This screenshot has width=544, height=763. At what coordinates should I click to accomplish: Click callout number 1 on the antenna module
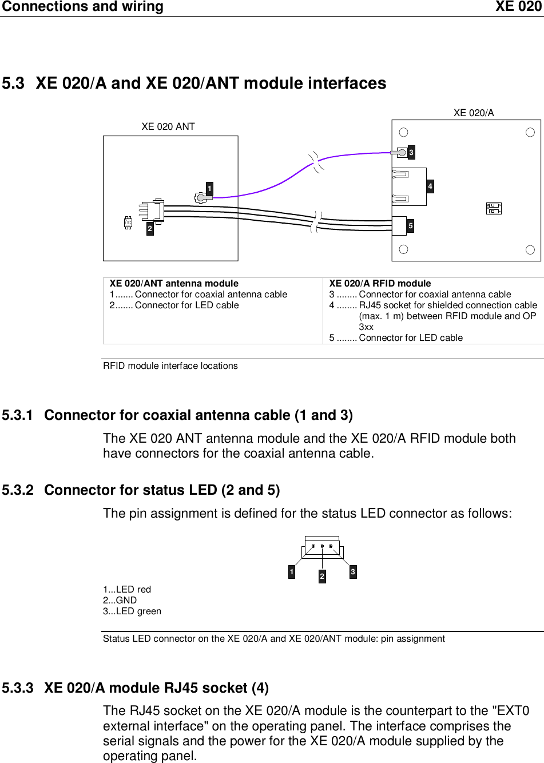pyautogui.click(x=209, y=189)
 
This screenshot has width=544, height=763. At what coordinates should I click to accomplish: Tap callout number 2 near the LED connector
pyautogui.click(x=150, y=228)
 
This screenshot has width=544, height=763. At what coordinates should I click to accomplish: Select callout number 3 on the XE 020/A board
pyautogui.click(x=411, y=152)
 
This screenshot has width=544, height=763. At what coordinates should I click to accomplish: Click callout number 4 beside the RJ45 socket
pyautogui.click(x=430, y=186)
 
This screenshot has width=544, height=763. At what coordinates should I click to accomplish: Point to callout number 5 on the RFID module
pyautogui.click(x=410, y=226)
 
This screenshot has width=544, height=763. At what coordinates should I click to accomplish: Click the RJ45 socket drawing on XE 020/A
pyautogui.click(x=408, y=186)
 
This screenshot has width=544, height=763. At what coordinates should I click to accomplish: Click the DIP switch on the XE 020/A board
pyautogui.click(x=493, y=208)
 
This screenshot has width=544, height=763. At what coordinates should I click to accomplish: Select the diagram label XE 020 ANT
pyautogui.click(x=168, y=126)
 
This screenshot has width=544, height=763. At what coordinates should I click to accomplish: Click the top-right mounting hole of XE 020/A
pyautogui.click(x=530, y=133)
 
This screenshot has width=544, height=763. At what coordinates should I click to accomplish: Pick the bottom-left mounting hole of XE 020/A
pyautogui.click(x=403, y=249)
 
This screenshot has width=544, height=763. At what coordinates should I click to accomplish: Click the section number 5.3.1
pyautogui.click(x=18, y=415)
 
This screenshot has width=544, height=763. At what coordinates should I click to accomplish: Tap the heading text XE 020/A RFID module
pyautogui.click(x=380, y=283)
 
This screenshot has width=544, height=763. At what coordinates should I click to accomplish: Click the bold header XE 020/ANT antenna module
pyautogui.click(x=174, y=283)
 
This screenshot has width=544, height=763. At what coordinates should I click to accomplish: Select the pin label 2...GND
pyautogui.click(x=120, y=600)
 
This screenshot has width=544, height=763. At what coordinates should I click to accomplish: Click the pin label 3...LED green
pyautogui.click(x=132, y=611)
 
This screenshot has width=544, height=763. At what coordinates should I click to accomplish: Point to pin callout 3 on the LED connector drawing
pyautogui.click(x=353, y=571)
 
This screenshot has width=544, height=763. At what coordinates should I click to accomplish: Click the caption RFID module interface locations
pyautogui.click(x=170, y=366)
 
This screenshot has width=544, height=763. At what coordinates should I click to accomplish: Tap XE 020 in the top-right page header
pyautogui.click(x=518, y=7)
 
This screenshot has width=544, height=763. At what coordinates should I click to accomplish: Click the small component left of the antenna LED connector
pyautogui.click(x=128, y=222)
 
